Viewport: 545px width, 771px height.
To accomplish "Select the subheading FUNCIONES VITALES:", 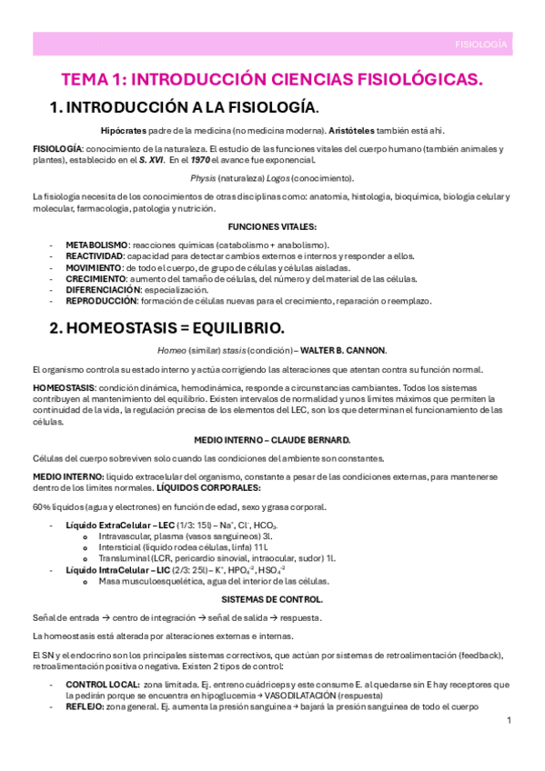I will pyautogui.click(x=272, y=225).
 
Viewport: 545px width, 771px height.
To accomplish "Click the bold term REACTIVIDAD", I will pyautogui.click(x=94, y=256).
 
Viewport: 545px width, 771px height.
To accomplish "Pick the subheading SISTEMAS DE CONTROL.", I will pyautogui.click(x=272, y=599).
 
